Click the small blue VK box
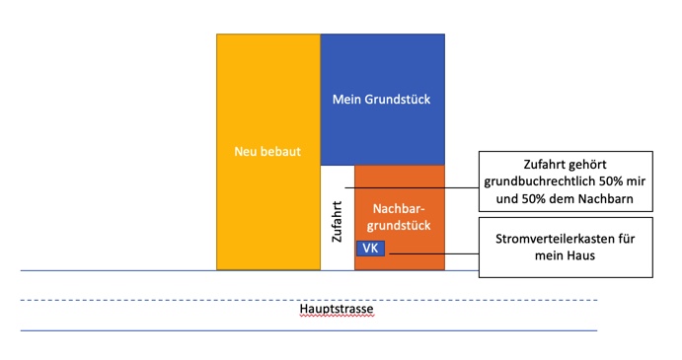click(370, 249)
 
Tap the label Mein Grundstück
click(381, 100)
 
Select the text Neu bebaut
click(267, 151)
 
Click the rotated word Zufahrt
click(338, 221)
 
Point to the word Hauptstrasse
click(337, 309)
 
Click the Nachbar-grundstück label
click(399, 217)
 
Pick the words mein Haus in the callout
click(565, 255)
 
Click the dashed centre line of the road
click(309, 300)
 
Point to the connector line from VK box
click(433, 253)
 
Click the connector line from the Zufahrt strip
click(412, 187)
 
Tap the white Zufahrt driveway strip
click(338, 217)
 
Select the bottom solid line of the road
click(309, 330)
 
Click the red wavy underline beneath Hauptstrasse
click(337, 316)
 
